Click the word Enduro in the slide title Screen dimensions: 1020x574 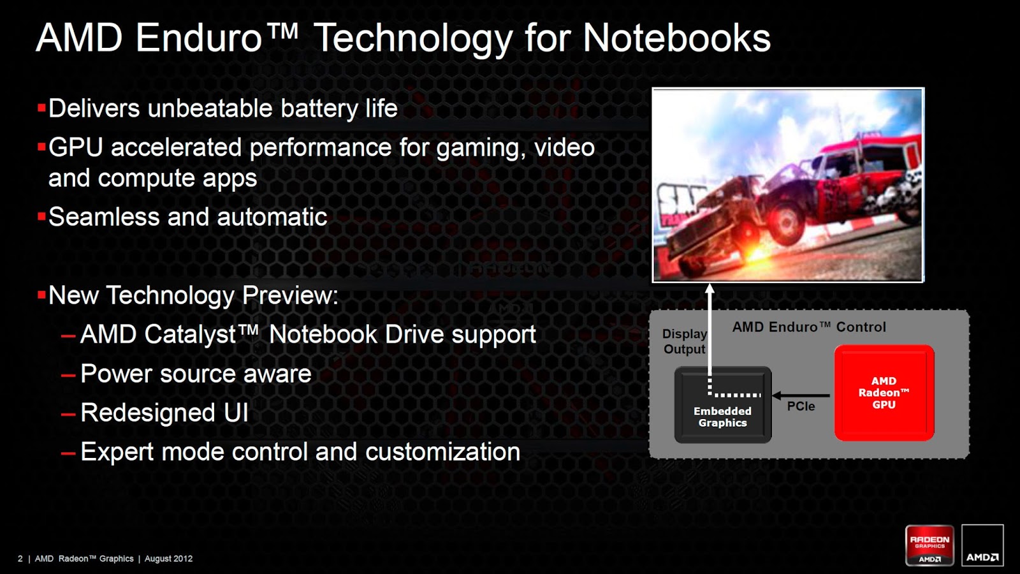click(x=198, y=38)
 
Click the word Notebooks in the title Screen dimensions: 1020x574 click(x=676, y=38)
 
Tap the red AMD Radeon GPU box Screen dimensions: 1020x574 click(x=884, y=393)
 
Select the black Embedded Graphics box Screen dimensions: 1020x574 click(x=723, y=404)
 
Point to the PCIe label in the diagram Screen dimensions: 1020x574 click(x=801, y=406)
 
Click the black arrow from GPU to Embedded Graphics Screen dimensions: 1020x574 click(x=801, y=395)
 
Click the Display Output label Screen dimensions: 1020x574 click(x=685, y=341)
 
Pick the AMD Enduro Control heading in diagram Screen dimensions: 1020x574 click(x=809, y=327)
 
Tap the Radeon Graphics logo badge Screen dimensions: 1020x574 click(x=930, y=545)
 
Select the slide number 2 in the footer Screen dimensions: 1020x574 click(x=20, y=559)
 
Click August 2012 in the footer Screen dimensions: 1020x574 click(x=168, y=559)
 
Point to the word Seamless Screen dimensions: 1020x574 click(x=104, y=217)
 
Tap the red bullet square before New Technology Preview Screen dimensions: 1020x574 click(x=41, y=295)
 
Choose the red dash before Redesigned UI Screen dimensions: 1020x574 click(x=68, y=415)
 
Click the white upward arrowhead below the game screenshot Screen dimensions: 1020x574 click(x=710, y=290)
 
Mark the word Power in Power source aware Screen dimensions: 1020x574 click(x=117, y=374)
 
